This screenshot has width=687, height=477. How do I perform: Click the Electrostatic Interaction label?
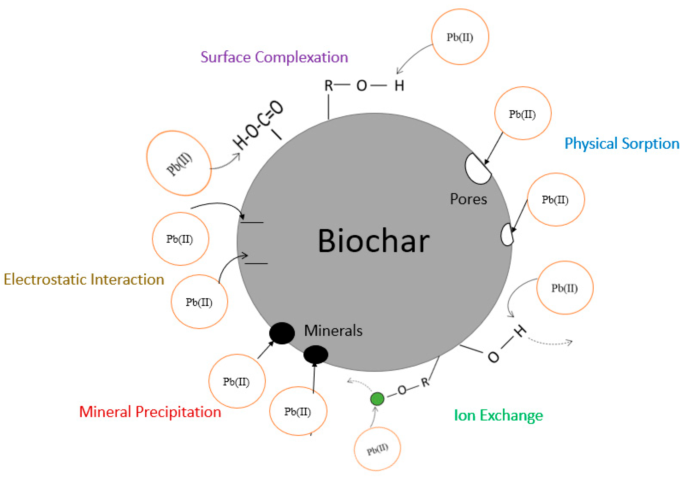click(84, 279)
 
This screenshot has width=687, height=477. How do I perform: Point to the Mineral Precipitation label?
click(150, 412)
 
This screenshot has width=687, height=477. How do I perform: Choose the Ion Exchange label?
click(498, 415)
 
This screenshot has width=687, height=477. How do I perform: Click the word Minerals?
click(333, 331)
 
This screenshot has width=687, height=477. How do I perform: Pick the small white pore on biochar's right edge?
click(507, 235)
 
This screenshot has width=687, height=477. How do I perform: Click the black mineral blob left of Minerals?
click(282, 333)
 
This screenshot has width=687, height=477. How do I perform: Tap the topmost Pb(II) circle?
click(460, 37)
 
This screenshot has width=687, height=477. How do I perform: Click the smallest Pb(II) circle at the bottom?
click(377, 449)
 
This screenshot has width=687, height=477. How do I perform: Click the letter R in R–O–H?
click(328, 86)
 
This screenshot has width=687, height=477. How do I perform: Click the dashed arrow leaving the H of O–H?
click(550, 343)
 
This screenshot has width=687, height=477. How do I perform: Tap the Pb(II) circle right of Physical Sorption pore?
click(555, 199)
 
